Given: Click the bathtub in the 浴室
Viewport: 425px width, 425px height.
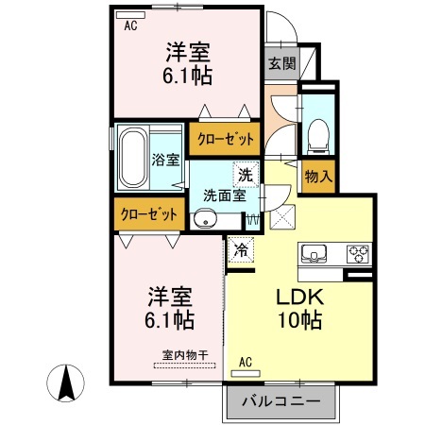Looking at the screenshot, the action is tap(134, 158).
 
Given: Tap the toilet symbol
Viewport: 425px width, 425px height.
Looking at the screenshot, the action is tap(318, 137).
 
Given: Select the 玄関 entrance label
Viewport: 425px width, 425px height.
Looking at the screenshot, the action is tap(282, 63).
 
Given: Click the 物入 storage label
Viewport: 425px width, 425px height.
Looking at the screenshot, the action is tap(318, 177).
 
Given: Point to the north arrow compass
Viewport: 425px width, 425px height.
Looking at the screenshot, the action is tap(66, 383).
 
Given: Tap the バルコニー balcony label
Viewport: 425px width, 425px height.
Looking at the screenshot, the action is tap(281, 401).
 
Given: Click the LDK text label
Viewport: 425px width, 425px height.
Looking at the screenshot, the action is tap(300, 297).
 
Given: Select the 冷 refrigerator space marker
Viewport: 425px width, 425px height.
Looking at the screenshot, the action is tap(241, 250).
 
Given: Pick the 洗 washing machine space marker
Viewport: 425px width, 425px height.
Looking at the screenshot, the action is tap(246, 175).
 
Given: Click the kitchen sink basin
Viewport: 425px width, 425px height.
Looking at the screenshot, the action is tap(314, 253).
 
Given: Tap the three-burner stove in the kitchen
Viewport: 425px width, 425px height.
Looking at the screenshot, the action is tap(358, 254).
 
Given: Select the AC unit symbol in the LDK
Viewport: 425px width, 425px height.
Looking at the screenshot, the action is tap(246, 374).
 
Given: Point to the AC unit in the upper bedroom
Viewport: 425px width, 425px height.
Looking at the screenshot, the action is tap(130, 15).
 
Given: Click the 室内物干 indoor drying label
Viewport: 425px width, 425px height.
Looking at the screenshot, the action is tap(185, 355).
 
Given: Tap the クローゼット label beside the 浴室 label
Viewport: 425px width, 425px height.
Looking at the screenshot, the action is tap(226, 139).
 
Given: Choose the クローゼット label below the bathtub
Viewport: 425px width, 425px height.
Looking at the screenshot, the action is tap(149, 214).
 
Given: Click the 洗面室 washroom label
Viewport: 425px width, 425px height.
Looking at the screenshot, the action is tap(225, 195).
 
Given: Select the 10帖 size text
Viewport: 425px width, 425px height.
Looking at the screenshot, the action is tap(299, 320).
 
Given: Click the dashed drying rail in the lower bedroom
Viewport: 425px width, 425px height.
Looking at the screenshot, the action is tap(185, 365).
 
